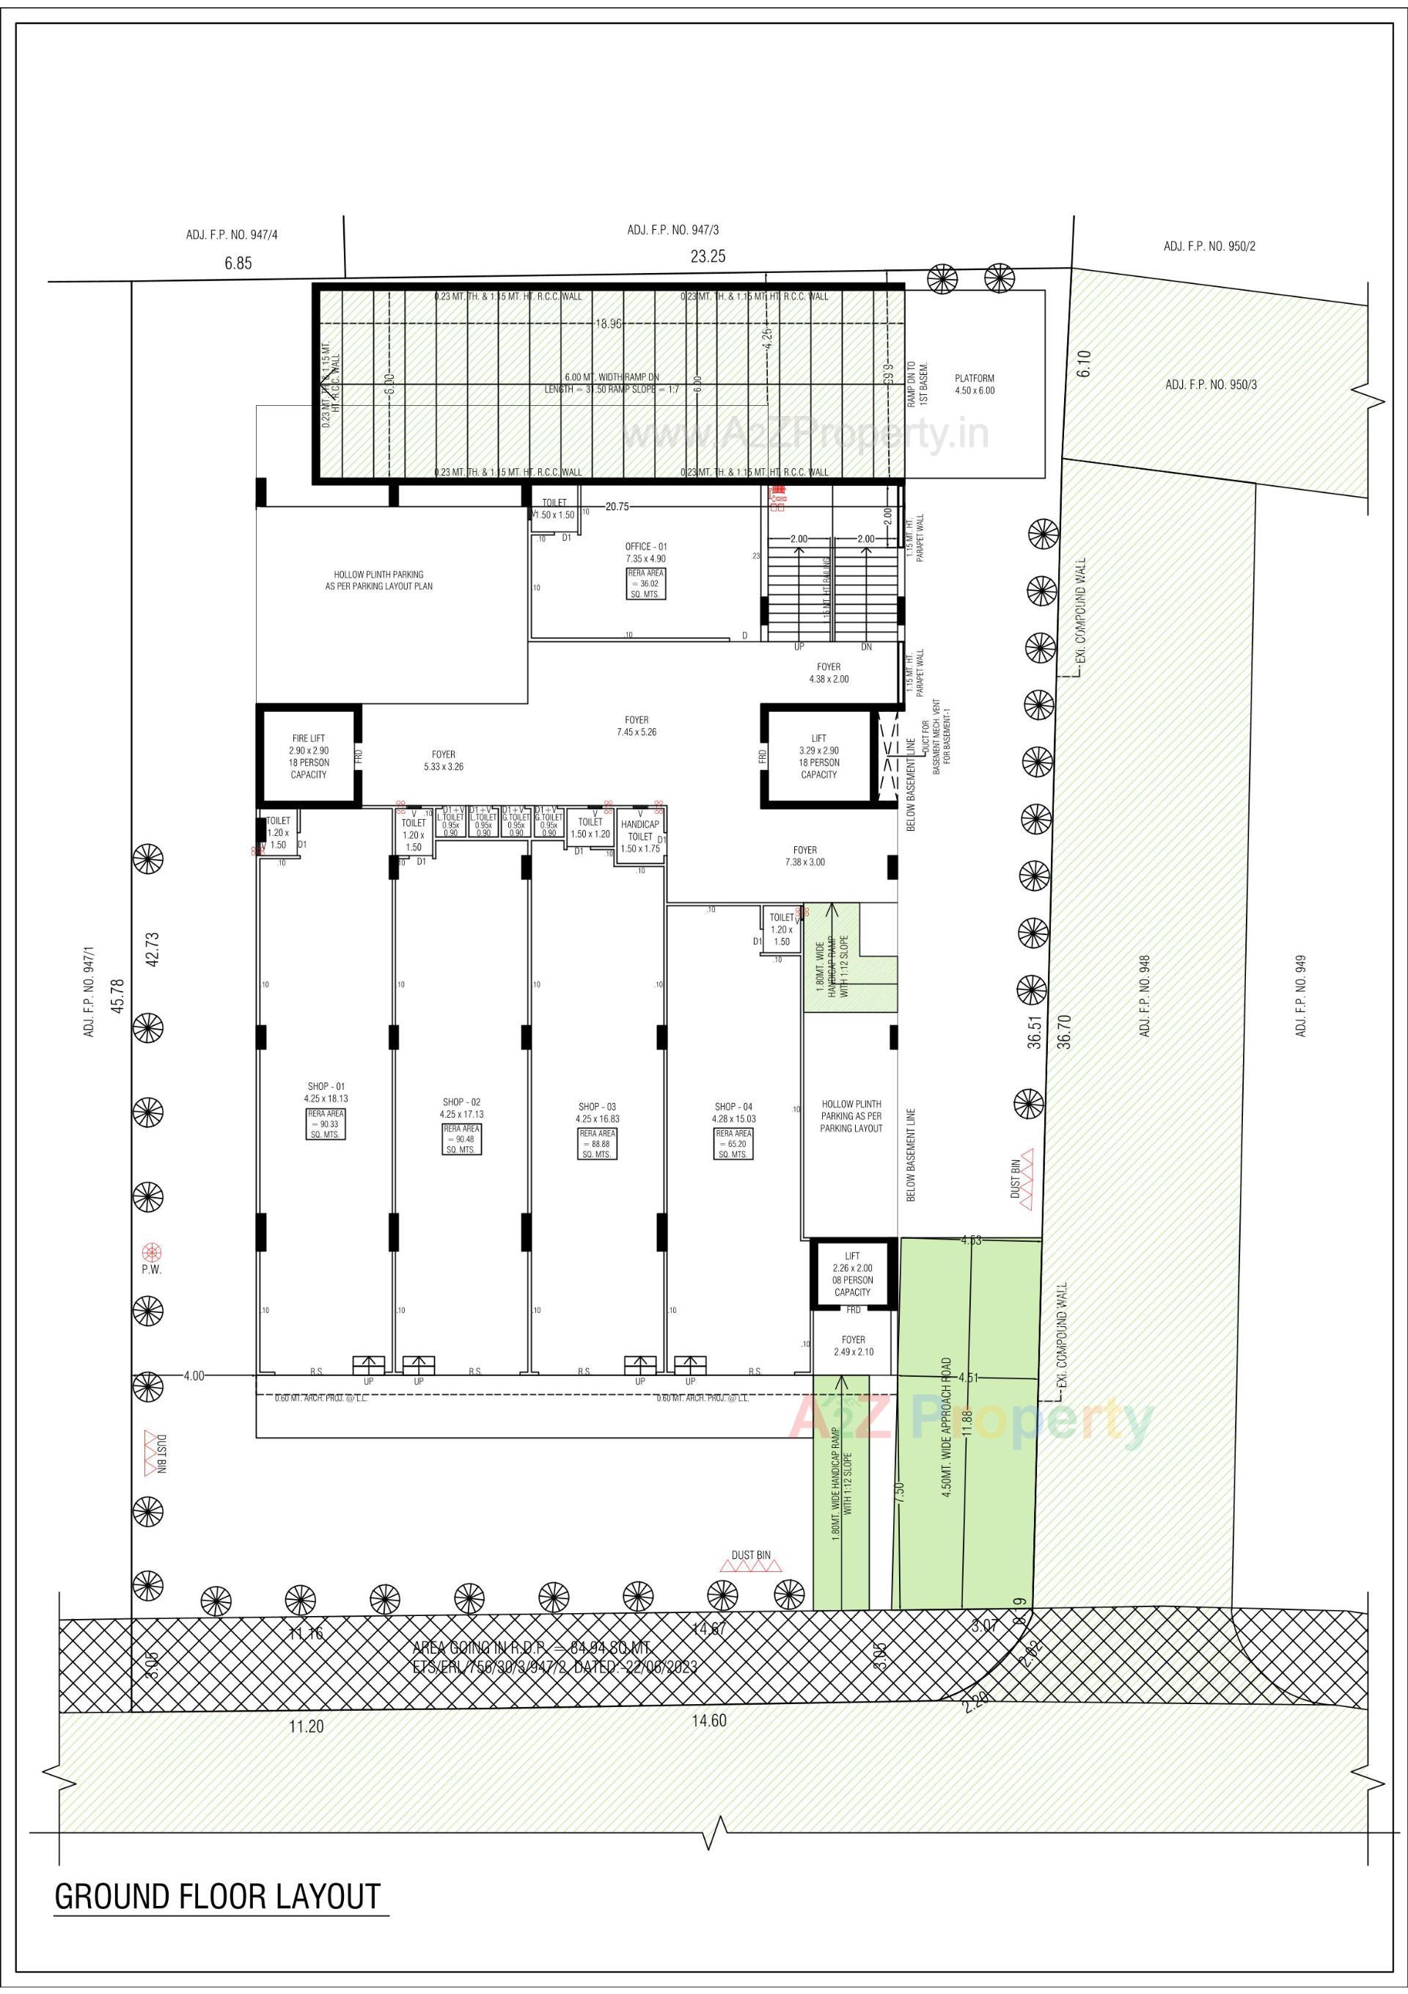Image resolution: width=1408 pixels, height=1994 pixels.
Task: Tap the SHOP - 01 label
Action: click(x=326, y=1086)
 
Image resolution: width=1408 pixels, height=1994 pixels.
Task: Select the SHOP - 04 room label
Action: click(x=733, y=1107)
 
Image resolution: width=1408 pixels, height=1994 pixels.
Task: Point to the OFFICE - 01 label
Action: click(x=646, y=546)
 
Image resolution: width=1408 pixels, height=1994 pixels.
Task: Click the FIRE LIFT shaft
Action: click(x=309, y=756)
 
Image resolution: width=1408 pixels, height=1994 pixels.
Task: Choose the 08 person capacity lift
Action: click(x=852, y=1274)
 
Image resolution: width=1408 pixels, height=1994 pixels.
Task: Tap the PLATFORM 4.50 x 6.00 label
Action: click(x=974, y=385)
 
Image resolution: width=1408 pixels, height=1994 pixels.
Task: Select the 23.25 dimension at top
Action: click(x=708, y=256)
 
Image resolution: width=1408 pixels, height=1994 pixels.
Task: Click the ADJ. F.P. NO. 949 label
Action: click(x=1300, y=995)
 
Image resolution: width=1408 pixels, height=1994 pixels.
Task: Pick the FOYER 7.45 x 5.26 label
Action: click(x=637, y=726)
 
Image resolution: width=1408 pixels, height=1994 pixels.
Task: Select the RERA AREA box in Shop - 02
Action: click(x=462, y=1138)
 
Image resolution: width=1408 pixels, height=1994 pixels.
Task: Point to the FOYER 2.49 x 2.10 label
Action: click(x=852, y=1346)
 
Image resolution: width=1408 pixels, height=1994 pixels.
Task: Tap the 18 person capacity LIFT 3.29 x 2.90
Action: click(x=818, y=756)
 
